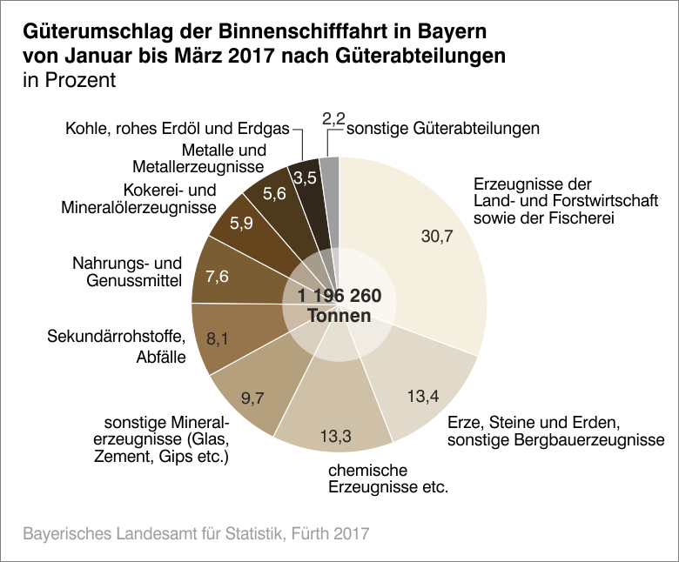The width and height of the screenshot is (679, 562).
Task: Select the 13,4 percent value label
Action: click(x=421, y=397)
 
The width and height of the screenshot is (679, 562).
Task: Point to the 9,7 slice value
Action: click(x=253, y=399)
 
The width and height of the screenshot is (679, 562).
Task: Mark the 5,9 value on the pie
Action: click(x=240, y=223)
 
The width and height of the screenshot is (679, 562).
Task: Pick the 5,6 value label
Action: click(x=274, y=194)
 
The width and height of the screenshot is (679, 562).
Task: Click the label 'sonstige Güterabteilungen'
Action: click(x=444, y=129)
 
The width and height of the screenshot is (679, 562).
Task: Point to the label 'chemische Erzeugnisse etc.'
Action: click(x=387, y=478)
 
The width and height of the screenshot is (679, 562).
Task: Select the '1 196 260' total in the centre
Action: click(x=339, y=297)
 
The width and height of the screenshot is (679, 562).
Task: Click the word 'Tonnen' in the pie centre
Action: click(x=339, y=317)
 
